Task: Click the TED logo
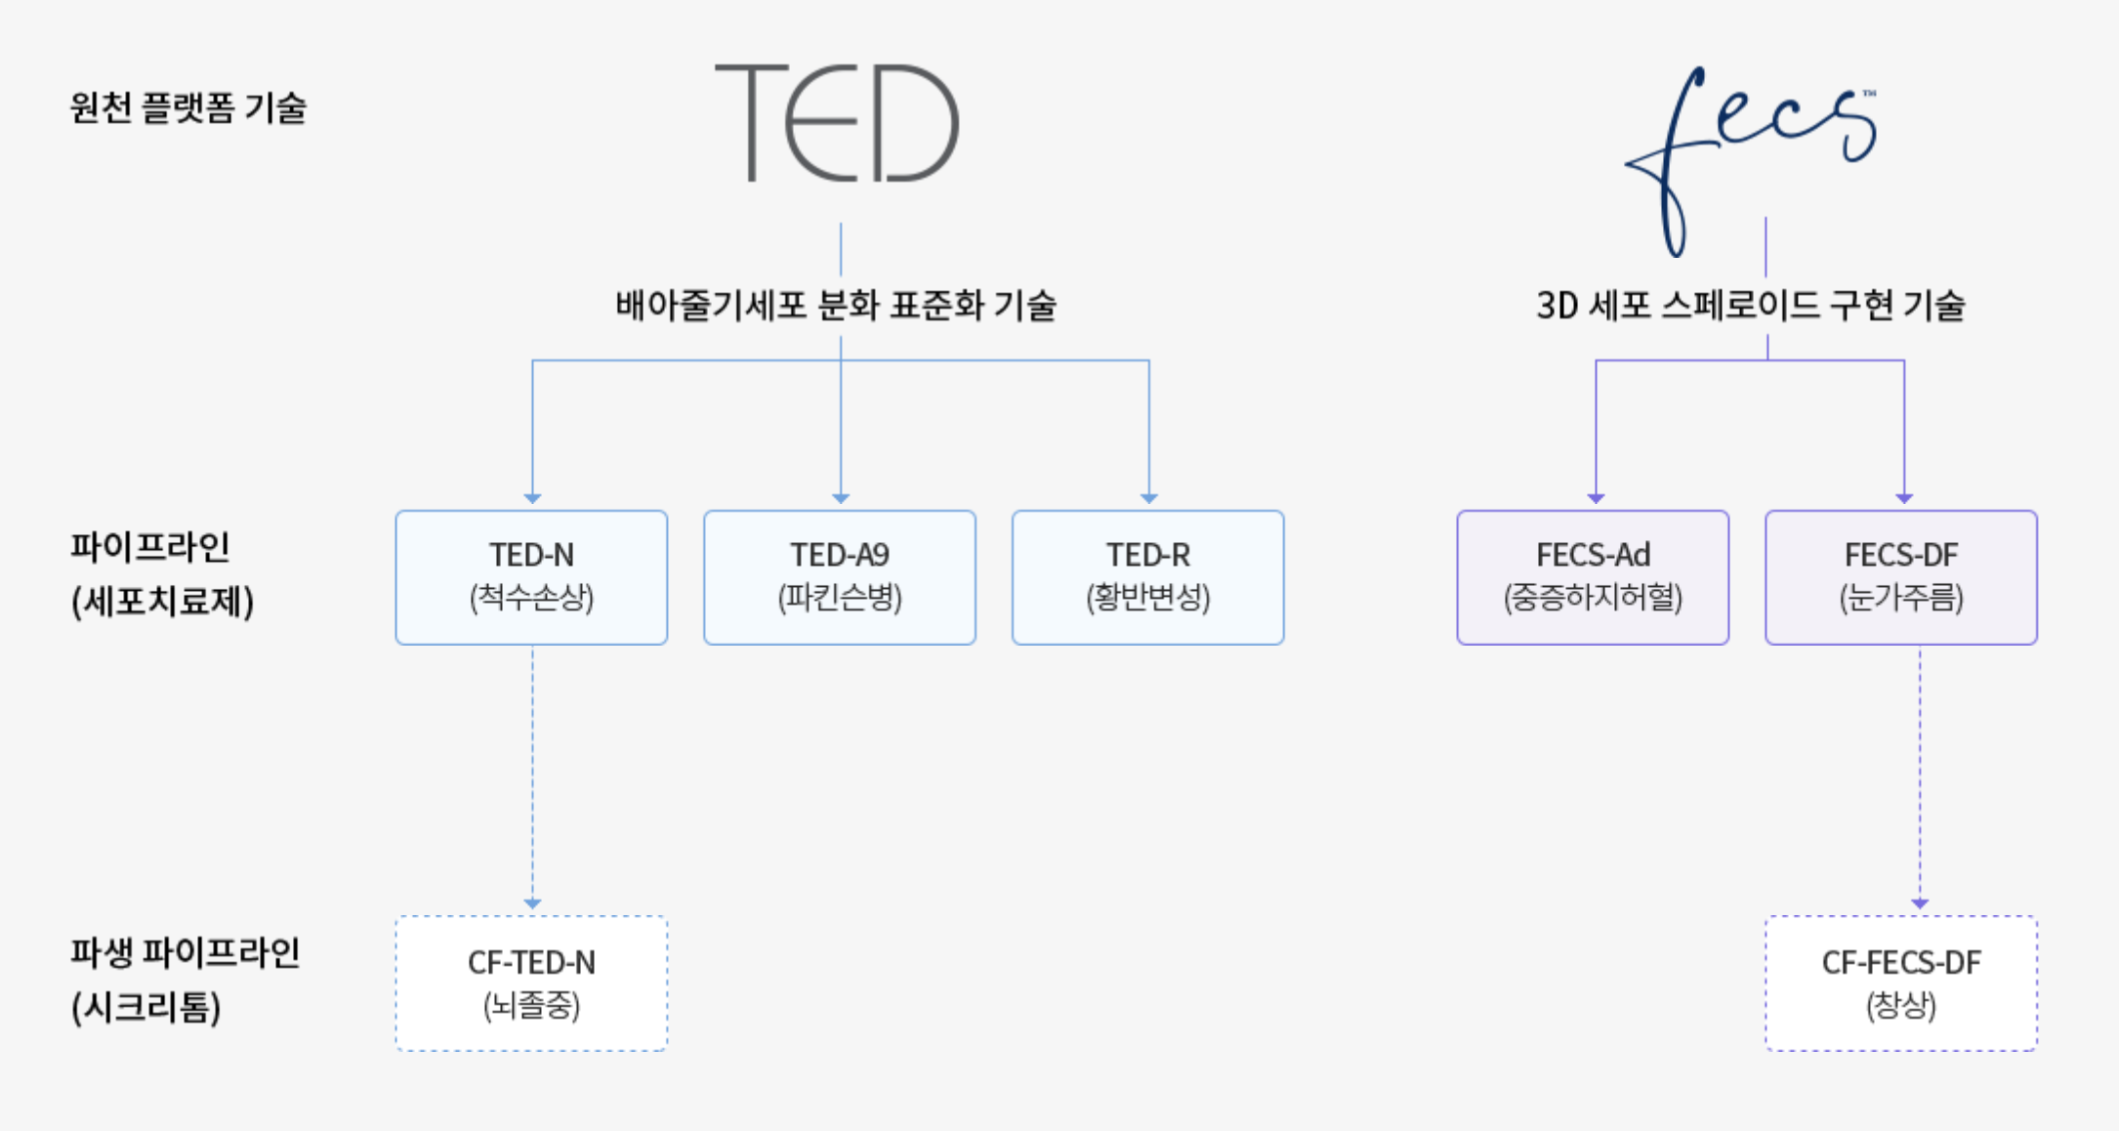click(x=837, y=123)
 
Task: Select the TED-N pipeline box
click(x=532, y=577)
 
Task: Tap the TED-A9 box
click(x=840, y=577)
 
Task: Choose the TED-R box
click(x=1148, y=577)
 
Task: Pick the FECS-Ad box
click(x=1594, y=577)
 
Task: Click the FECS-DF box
click(x=1901, y=577)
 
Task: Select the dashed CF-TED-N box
click(x=532, y=984)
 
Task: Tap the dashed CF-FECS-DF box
click(x=1901, y=984)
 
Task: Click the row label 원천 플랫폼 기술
click(x=188, y=107)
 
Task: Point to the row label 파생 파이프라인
click(x=186, y=952)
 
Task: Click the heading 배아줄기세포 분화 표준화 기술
click(x=836, y=305)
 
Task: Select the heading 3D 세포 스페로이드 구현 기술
click(x=1751, y=305)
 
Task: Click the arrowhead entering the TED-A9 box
click(x=841, y=498)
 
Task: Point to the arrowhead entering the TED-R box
click(x=1149, y=498)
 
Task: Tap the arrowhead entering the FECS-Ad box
click(x=1597, y=498)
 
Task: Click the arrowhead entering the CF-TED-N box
click(x=532, y=903)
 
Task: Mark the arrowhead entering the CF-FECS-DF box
click(x=1920, y=903)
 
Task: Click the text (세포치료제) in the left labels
click(x=163, y=602)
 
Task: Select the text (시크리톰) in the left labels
click(x=146, y=1007)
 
